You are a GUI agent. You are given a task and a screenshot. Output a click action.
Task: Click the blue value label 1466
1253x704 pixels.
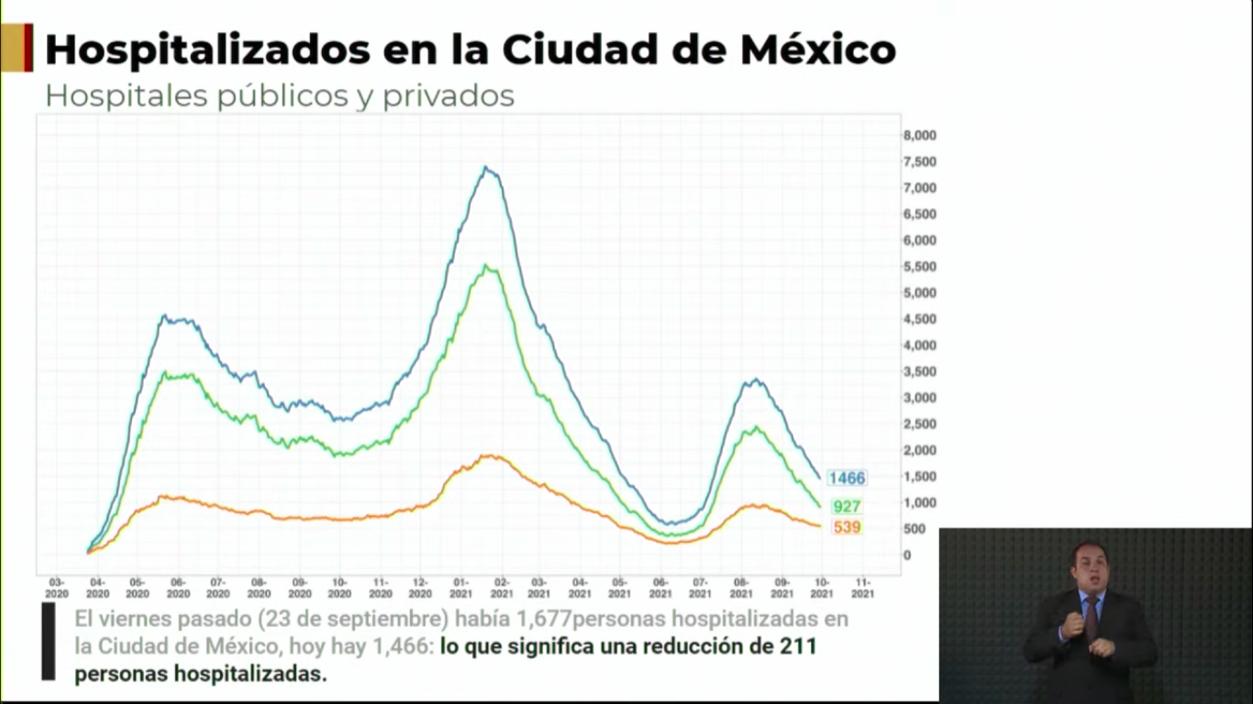pos(846,478)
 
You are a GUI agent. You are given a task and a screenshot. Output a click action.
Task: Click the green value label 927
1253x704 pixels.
pos(846,506)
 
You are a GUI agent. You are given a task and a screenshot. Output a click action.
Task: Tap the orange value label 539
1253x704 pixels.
pos(846,527)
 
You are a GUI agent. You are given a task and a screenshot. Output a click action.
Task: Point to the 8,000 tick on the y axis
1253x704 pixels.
pos(919,136)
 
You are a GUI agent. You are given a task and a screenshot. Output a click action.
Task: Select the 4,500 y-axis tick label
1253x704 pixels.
pos(919,319)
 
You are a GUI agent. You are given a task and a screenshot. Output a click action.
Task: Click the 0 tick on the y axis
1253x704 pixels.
pos(907,555)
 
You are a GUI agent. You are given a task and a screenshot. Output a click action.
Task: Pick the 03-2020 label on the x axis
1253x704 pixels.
pos(57,588)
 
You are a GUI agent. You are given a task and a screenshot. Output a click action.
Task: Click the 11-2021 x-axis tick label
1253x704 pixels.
pos(862,588)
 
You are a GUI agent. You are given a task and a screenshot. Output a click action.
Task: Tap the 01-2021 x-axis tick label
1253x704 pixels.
pos(460,588)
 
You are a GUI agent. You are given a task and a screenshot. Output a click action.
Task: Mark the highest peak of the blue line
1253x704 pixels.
pos(485,168)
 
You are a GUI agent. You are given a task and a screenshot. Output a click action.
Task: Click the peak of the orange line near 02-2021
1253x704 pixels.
pos(490,456)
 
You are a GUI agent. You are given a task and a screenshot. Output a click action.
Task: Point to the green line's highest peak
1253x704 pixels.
pos(486,267)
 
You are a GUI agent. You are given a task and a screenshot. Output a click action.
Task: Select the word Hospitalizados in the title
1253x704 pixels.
pos(194,50)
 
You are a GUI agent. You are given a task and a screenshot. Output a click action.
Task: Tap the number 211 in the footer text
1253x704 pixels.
pos(798,646)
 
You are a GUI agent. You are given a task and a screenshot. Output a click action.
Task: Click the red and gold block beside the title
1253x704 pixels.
pos(17,48)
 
